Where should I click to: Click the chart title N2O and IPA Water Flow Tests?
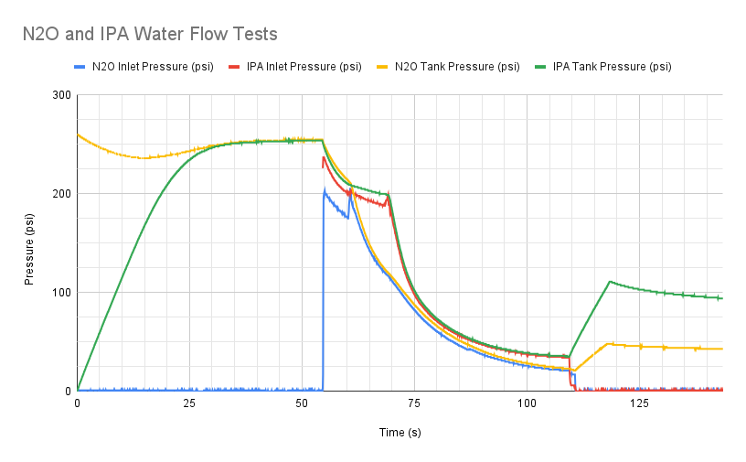150,35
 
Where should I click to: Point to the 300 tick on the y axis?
61,95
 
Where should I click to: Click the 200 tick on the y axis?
61,194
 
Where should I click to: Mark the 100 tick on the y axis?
61,293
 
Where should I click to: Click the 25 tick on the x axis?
189,403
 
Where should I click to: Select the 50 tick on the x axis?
302,403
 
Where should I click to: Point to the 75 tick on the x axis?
414,403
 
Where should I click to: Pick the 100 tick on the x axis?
527,403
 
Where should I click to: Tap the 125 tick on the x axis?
639,403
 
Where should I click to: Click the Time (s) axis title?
400,432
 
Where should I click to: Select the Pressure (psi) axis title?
30,243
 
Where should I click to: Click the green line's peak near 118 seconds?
609,282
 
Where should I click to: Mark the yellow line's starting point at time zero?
78,134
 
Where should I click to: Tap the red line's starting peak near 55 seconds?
324,157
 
